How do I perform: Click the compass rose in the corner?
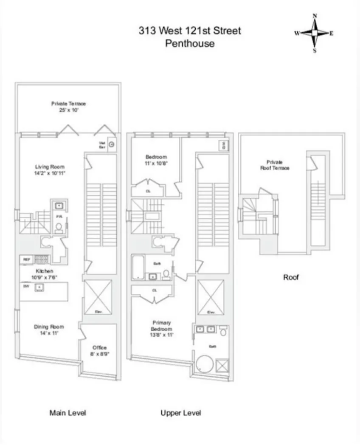(x=315, y=33)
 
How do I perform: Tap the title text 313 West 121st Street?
(x=190, y=31)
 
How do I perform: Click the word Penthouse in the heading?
(x=190, y=43)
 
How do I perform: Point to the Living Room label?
(x=50, y=170)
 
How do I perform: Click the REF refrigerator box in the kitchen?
(x=26, y=259)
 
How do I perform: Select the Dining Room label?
(x=49, y=330)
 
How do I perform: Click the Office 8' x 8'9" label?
(x=100, y=350)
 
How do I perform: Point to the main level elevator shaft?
(x=98, y=297)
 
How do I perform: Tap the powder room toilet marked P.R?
(x=58, y=228)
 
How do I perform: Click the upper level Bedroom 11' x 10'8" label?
(x=156, y=160)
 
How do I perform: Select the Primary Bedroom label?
(x=161, y=329)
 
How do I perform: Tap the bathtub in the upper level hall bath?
(x=138, y=268)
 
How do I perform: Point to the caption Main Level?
(x=67, y=413)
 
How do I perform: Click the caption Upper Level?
(x=180, y=413)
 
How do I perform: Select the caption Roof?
(x=291, y=277)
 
